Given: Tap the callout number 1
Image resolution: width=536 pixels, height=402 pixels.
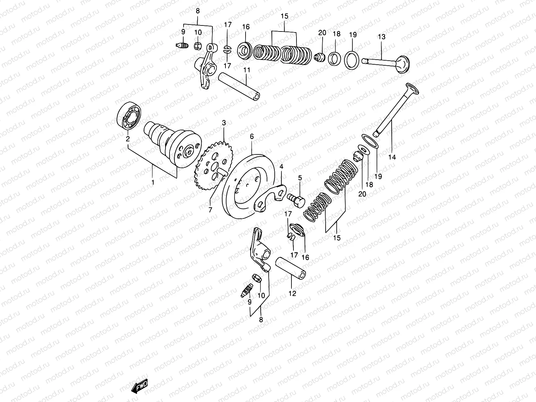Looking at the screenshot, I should [x=153, y=183].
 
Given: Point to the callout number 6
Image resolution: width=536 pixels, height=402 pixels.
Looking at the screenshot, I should [x=252, y=136].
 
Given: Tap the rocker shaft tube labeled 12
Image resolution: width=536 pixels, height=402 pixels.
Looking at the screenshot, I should [x=291, y=268].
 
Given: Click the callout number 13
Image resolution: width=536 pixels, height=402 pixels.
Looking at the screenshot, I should [x=382, y=37].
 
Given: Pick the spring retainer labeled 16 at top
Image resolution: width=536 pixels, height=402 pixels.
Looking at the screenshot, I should [x=245, y=50].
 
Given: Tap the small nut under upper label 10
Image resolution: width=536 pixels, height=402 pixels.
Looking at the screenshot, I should [x=198, y=45].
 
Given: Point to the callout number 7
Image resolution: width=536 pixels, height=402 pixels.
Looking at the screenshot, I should [x=210, y=210].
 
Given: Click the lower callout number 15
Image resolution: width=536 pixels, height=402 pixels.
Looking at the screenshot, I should [x=337, y=238].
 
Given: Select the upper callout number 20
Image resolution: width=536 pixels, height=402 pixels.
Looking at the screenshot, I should [x=322, y=33].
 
